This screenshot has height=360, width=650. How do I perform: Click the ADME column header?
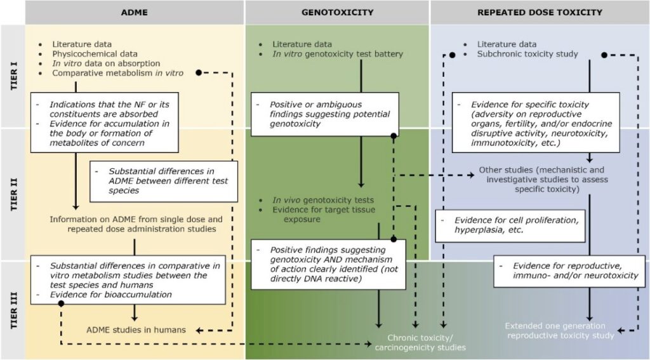[134, 12]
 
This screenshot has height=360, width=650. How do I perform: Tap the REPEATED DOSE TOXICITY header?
[539, 12]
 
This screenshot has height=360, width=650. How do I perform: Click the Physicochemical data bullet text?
[95, 54]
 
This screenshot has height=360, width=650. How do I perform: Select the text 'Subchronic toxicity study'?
[527, 54]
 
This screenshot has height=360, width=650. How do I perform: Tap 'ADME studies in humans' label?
[136, 330]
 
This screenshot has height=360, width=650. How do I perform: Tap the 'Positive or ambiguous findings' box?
[324, 114]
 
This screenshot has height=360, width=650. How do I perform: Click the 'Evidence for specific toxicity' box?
[535, 122]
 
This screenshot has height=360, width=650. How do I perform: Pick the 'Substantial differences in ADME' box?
[164, 181]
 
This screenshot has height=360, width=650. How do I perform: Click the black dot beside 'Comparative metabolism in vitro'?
[199, 73]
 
